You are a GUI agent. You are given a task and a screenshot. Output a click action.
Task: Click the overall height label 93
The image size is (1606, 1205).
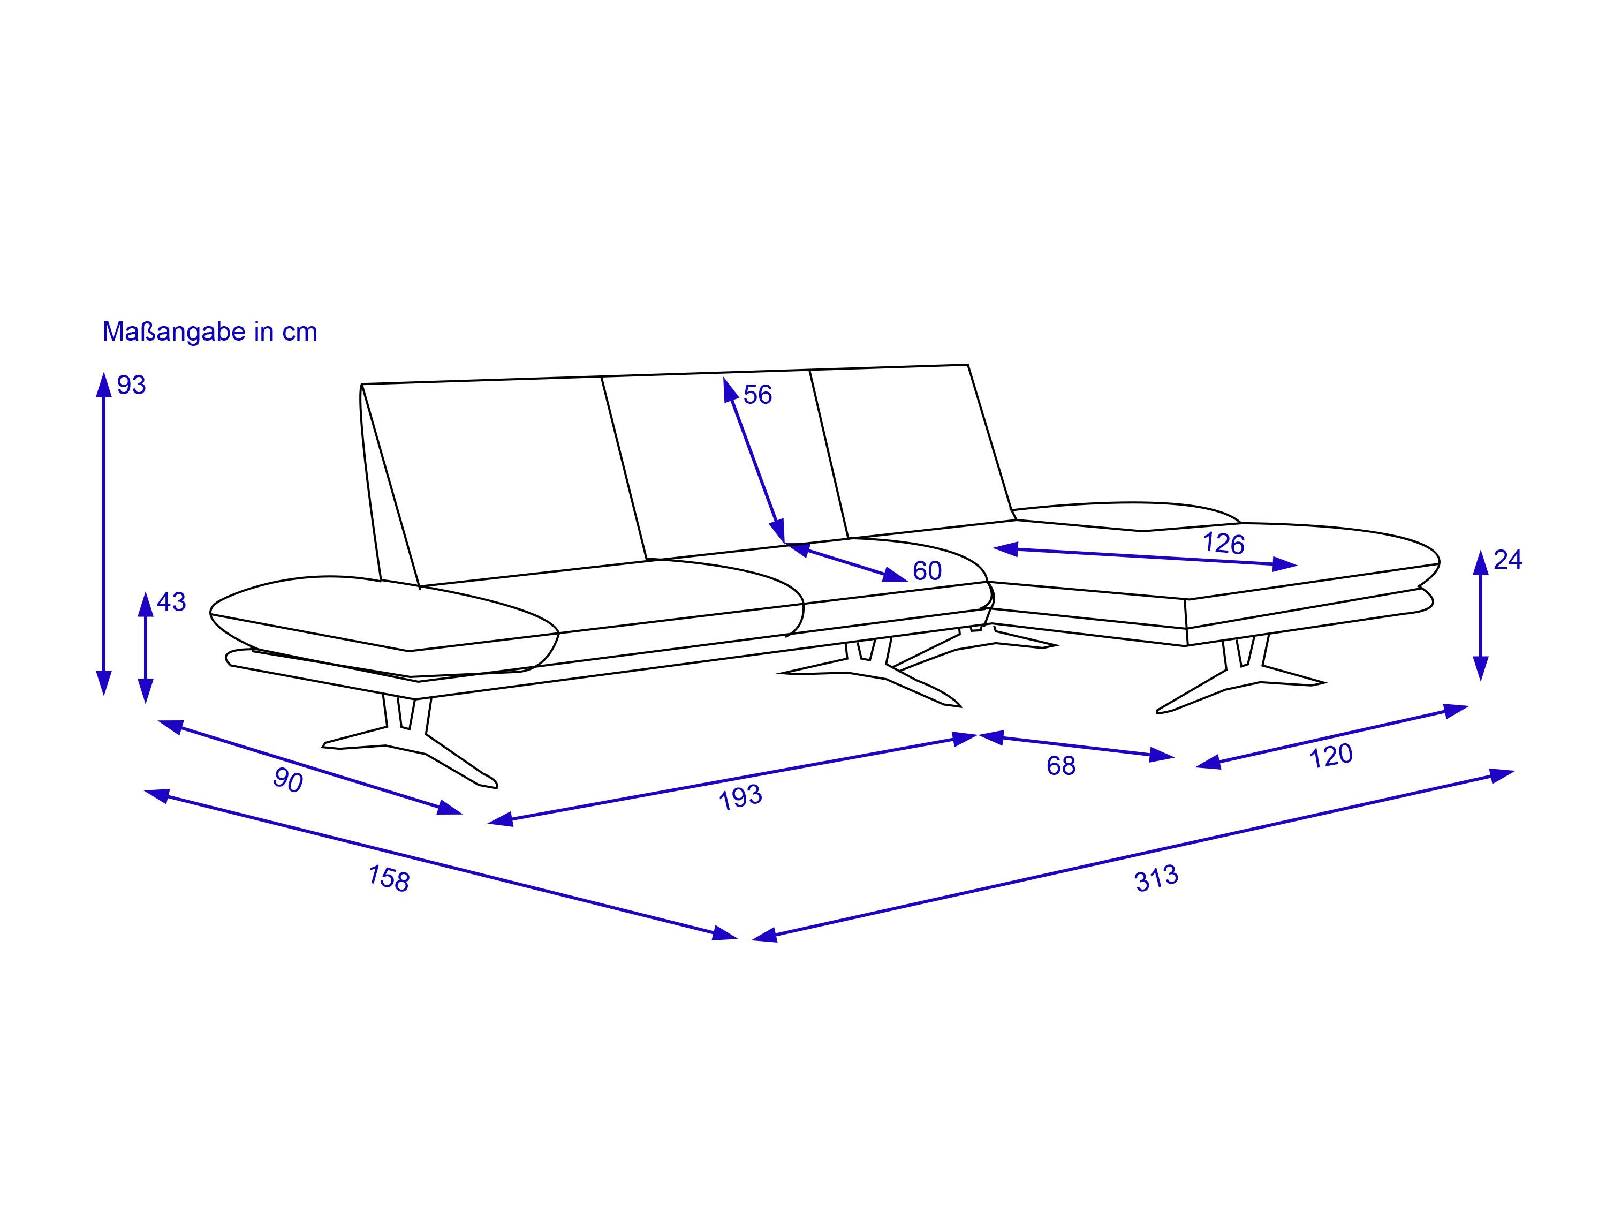[x=131, y=385]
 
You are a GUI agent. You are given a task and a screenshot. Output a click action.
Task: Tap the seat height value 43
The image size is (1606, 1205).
[x=171, y=601]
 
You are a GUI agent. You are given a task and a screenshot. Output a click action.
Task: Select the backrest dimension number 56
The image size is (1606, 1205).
[x=757, y=394]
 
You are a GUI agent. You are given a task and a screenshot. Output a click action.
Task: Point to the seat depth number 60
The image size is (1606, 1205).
[x=927, y=571]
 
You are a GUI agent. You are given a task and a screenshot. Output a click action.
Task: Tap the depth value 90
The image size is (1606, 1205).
[x=288, y=780]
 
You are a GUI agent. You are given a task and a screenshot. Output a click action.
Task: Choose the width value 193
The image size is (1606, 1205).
[x=740, y=797]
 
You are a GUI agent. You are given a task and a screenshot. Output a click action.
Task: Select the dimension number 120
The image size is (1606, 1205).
[x=1331, y=756]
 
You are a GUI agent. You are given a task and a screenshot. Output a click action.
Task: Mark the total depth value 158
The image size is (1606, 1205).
[x=389, y=878]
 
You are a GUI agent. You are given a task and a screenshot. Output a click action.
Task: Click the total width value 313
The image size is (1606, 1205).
[x=1156, y=879]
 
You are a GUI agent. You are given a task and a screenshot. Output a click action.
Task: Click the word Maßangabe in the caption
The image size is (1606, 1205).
[x=174, y=332]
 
